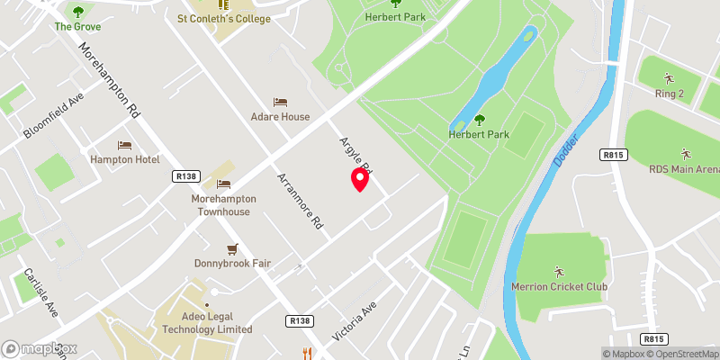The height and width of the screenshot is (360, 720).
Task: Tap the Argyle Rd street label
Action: coord(356,155)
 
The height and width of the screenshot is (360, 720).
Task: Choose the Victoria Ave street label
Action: coord(353,320)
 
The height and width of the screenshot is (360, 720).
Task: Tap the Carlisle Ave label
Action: coord(41,292)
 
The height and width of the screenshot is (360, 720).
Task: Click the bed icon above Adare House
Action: coord(280,103)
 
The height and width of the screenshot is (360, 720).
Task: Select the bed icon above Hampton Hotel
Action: coord(124,145)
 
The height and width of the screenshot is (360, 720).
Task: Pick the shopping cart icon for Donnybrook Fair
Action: coord(232,248)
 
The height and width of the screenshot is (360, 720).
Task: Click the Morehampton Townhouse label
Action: coord(224,205)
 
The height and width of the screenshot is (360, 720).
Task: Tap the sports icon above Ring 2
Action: coord(668,77)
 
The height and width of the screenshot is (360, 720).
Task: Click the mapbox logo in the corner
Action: coord(40,348)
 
